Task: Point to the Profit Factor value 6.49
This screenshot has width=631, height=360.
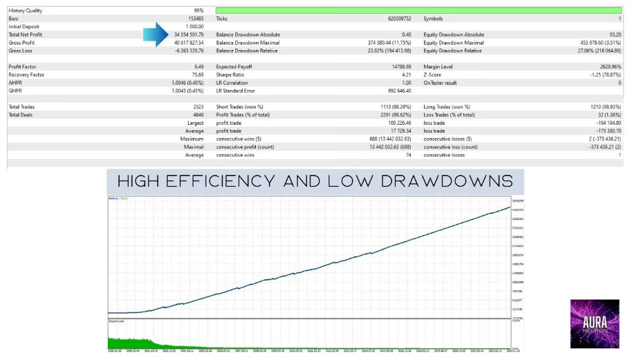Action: (199, 67)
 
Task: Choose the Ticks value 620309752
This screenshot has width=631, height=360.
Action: (394, 19)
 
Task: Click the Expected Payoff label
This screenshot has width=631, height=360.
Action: (234, 67)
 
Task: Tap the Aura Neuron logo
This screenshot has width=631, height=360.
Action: (594, 323)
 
